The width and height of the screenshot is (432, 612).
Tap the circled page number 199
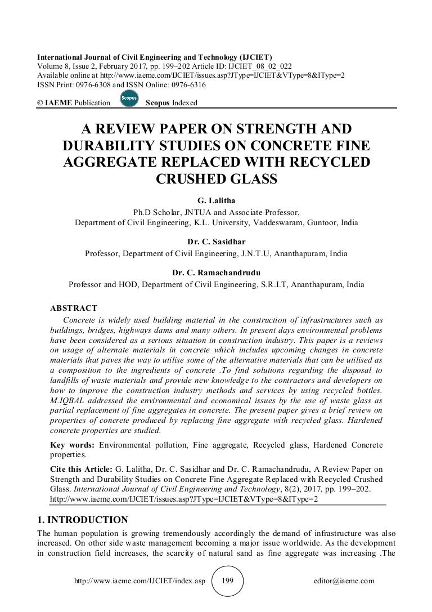227,580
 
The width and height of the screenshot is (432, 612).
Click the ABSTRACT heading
74,308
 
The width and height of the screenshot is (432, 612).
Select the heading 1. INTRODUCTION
82,519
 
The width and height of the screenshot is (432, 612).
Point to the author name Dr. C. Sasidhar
216,242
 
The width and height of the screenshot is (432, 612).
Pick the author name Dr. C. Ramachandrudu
216,273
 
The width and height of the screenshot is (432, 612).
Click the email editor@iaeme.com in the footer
343,581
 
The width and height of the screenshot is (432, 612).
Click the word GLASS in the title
247,178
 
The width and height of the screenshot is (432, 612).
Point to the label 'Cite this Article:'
81,468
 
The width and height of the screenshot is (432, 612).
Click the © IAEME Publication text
73,102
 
